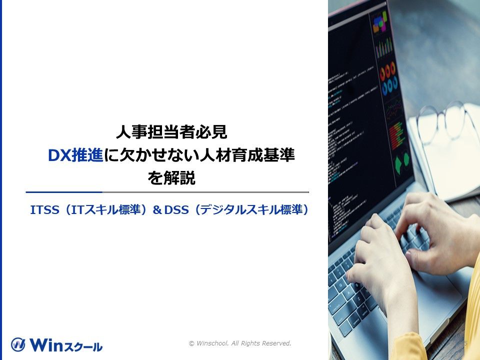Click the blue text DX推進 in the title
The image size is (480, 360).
75,156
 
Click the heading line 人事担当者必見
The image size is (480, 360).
171,132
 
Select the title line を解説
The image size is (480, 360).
171,178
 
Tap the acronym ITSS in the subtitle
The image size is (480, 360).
43,210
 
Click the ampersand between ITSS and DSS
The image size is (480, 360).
157,210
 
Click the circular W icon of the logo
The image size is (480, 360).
18,344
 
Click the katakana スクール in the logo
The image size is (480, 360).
85,346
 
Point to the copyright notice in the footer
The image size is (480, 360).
240,343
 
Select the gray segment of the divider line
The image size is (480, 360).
205,192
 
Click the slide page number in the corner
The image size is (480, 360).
465,343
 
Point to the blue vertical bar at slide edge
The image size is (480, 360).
1,180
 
